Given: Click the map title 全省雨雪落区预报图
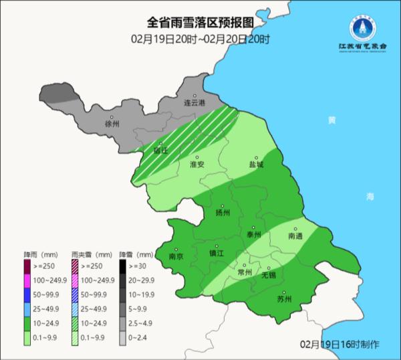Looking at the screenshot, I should click(x=200, y=25).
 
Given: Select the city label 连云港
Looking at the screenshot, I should click(x=194, y=103).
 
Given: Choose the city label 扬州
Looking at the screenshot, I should click(x=223, y=213).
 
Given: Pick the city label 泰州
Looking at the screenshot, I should click(x=253, y=234).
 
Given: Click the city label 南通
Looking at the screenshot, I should click(x=295, y=236).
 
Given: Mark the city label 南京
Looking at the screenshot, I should click(x=176, y=255).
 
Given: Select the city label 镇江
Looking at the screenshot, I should click(x=217, y=253).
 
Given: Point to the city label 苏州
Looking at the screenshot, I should click(x=284, y=298).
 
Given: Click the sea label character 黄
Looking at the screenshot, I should click(x=331, y=121).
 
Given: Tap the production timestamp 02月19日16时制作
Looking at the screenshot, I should click(x=339, y=344).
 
